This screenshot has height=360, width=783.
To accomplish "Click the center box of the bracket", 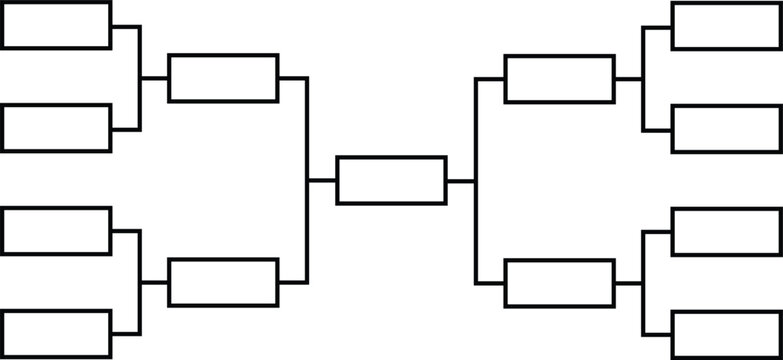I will pos(391,180).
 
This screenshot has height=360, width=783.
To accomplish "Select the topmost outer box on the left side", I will pos(56,25).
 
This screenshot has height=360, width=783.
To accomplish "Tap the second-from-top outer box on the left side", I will pos(56,128).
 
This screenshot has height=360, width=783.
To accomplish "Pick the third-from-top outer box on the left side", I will pos(56,231).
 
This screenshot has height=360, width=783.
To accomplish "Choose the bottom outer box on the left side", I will pos(56,333).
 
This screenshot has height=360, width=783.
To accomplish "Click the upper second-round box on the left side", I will pos(223,78).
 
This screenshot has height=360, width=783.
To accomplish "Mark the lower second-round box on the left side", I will pos(223,282).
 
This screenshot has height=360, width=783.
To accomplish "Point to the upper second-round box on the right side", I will pos(559,79).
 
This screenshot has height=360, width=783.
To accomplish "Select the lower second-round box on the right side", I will pos(559,283).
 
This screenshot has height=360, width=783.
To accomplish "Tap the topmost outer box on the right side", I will pos(726,26).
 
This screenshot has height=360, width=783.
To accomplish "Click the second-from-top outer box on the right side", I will pos(726,129).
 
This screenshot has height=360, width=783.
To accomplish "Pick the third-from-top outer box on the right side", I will pos(726,232).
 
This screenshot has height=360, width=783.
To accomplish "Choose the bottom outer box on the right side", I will pos(726,334).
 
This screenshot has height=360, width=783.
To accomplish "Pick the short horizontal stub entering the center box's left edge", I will pos(322,180).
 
